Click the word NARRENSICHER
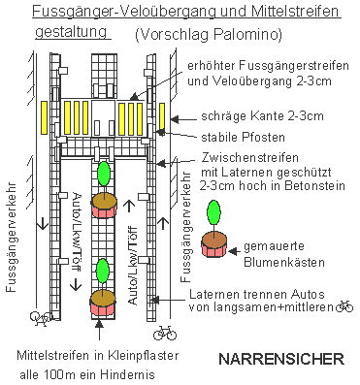280,359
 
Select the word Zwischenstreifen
236,156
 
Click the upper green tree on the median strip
104,176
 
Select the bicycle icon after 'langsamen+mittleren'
344,306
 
